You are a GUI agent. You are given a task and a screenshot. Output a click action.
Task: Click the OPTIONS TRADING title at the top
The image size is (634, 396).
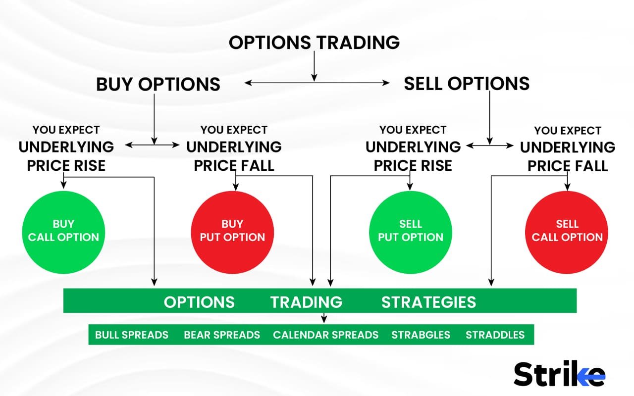314,43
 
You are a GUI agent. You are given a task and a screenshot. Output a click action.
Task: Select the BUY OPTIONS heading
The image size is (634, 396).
158,84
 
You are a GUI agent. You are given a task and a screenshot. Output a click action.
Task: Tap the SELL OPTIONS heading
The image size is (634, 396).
467,83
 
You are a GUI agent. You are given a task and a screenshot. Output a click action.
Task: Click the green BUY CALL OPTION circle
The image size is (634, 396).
63,231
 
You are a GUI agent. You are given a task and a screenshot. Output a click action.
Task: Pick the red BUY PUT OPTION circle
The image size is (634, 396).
232,231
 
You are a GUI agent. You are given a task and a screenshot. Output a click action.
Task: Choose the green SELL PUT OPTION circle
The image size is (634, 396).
411,231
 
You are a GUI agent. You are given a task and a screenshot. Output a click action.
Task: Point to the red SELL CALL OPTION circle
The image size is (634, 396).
567,231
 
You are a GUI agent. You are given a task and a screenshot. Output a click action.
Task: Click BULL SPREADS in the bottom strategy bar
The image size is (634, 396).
132,335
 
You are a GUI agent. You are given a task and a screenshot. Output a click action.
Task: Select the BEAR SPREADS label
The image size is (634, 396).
222,335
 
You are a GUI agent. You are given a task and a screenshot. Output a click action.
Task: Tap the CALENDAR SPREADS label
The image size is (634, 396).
325,335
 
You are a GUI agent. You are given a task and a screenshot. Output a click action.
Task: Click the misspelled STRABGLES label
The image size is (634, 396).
421,335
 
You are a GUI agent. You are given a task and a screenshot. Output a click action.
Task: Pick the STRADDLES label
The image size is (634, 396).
495,335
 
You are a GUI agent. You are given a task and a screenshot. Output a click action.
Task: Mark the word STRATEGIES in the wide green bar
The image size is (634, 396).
428,302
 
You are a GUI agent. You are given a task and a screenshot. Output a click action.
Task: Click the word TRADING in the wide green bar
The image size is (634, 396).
306,302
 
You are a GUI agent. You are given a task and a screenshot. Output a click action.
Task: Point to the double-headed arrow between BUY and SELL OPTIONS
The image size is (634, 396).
317,83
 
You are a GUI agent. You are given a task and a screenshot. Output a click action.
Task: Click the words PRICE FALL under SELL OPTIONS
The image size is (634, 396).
568,166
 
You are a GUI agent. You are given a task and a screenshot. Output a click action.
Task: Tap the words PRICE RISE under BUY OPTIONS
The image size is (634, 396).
66,166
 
